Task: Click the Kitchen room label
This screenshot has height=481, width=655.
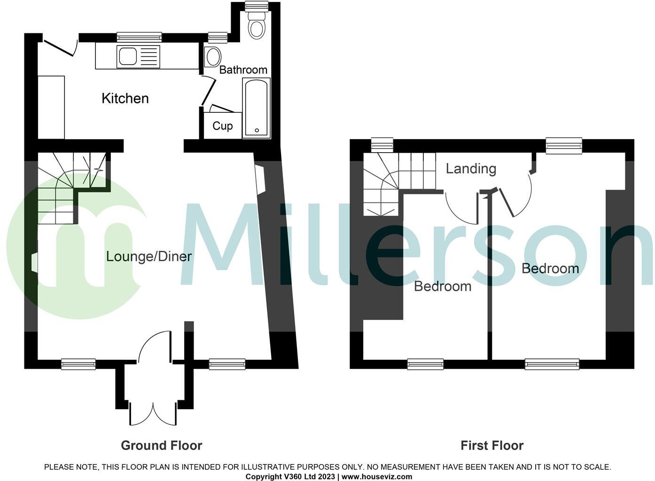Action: [x=125, y=98]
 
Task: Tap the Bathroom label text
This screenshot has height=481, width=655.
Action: [x=243, y=70]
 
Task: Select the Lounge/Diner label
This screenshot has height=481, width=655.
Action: [x=148, y=256]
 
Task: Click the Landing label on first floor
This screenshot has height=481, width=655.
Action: [x=470, y=168]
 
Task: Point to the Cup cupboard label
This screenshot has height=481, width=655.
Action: [x=222, y=126]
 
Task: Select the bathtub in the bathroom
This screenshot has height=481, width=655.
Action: [x=256, y=108]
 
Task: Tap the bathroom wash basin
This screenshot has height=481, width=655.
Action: [x=213, y=57]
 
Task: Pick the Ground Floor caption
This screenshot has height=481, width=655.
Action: [x=161, y=445]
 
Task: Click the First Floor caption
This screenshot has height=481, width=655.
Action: [x=491, y=445]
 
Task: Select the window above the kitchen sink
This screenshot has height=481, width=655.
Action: [x=139, y=37]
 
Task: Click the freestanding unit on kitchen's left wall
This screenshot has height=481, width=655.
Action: [x=51, y=107]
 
